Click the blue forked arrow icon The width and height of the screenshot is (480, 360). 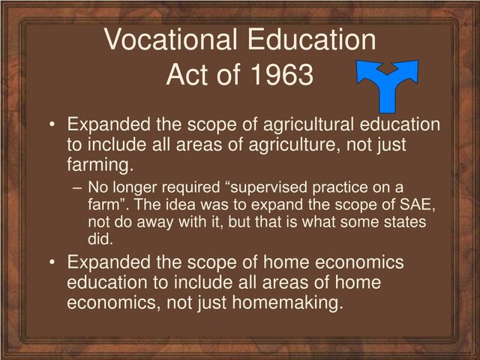tap(386, 85)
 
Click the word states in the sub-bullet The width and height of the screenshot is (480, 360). tap(404, 222)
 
